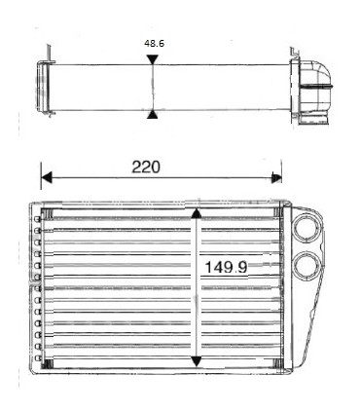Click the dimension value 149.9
click(x=228, y=266)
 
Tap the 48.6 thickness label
click(x=153, y=44)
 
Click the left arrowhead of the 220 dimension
click(x=46, y=178)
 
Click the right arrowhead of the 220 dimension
click(x=276, y=178)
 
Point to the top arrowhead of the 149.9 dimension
click(x=197, y=213)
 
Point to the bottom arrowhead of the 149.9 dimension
click(x=197, y=361)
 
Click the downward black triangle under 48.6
click(x=151, y=60)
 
